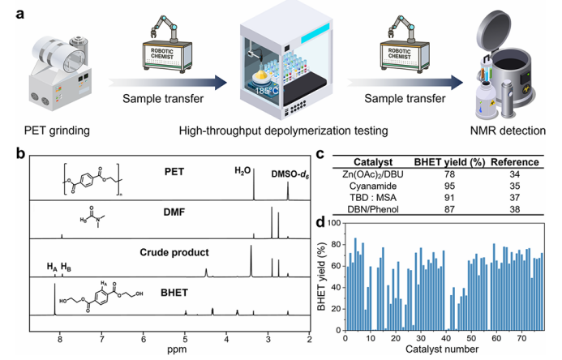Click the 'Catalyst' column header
pos(372,162)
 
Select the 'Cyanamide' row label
pos(372,185)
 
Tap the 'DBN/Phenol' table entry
pos(372,208)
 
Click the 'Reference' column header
pos(513,162)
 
